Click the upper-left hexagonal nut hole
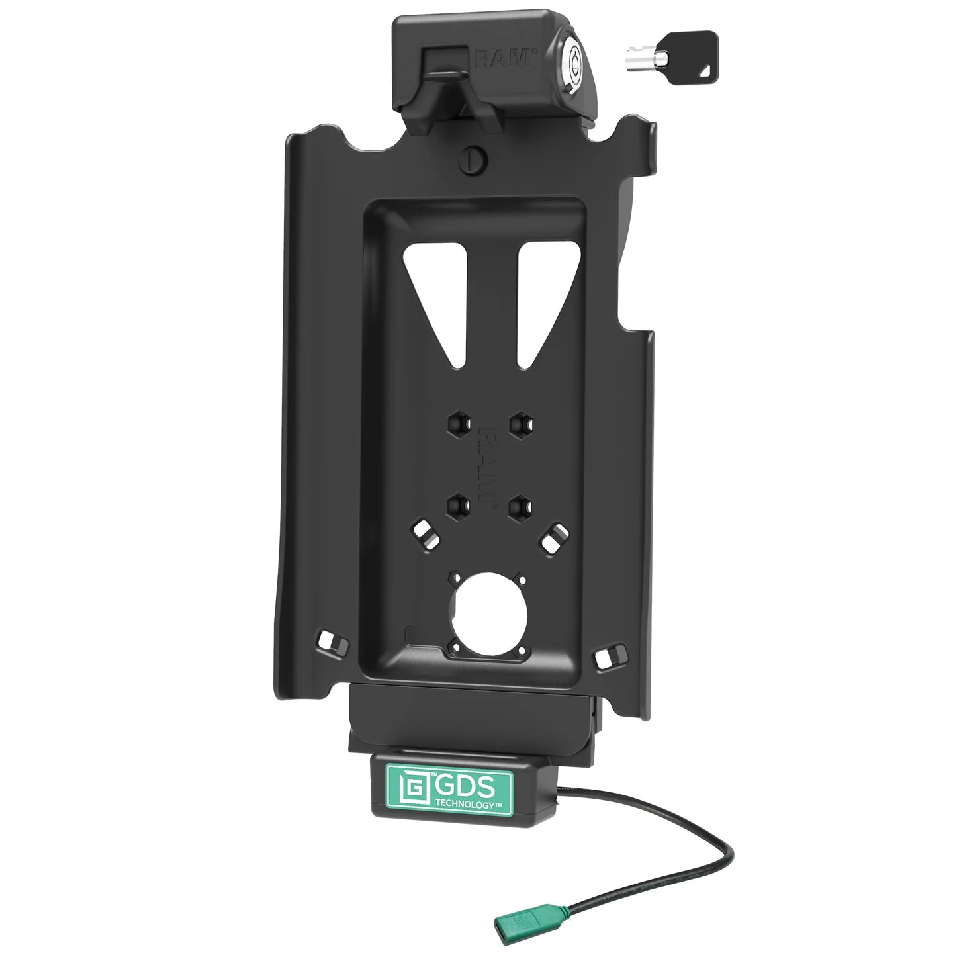click(x=459, y=421)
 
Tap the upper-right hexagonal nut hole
click(x=521, y=421)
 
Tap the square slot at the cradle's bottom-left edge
click(x=327, y=640)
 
